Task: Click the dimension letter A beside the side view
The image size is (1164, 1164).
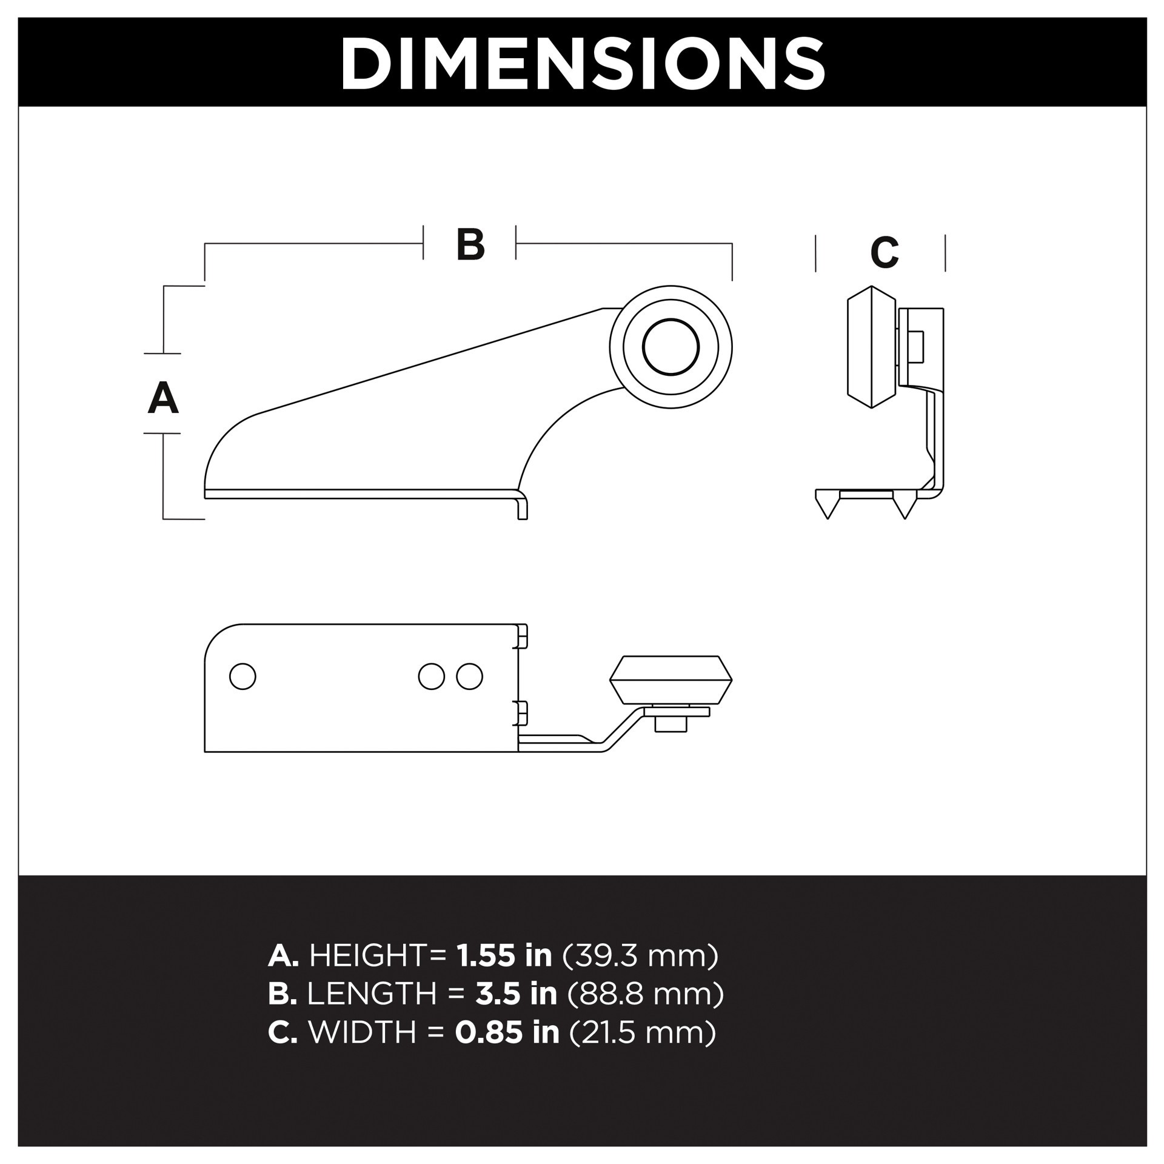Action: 163,398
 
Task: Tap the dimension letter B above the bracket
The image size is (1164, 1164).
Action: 470,245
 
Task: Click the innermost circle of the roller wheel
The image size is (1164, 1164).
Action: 671,347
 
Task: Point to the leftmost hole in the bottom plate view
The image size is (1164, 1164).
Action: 242,676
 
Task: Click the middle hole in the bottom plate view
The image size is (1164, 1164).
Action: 432,676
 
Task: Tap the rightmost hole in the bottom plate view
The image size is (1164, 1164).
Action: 469,676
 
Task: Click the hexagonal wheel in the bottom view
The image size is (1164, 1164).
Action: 671,680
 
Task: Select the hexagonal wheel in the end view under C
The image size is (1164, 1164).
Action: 871,347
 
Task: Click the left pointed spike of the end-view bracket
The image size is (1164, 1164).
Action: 827,508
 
